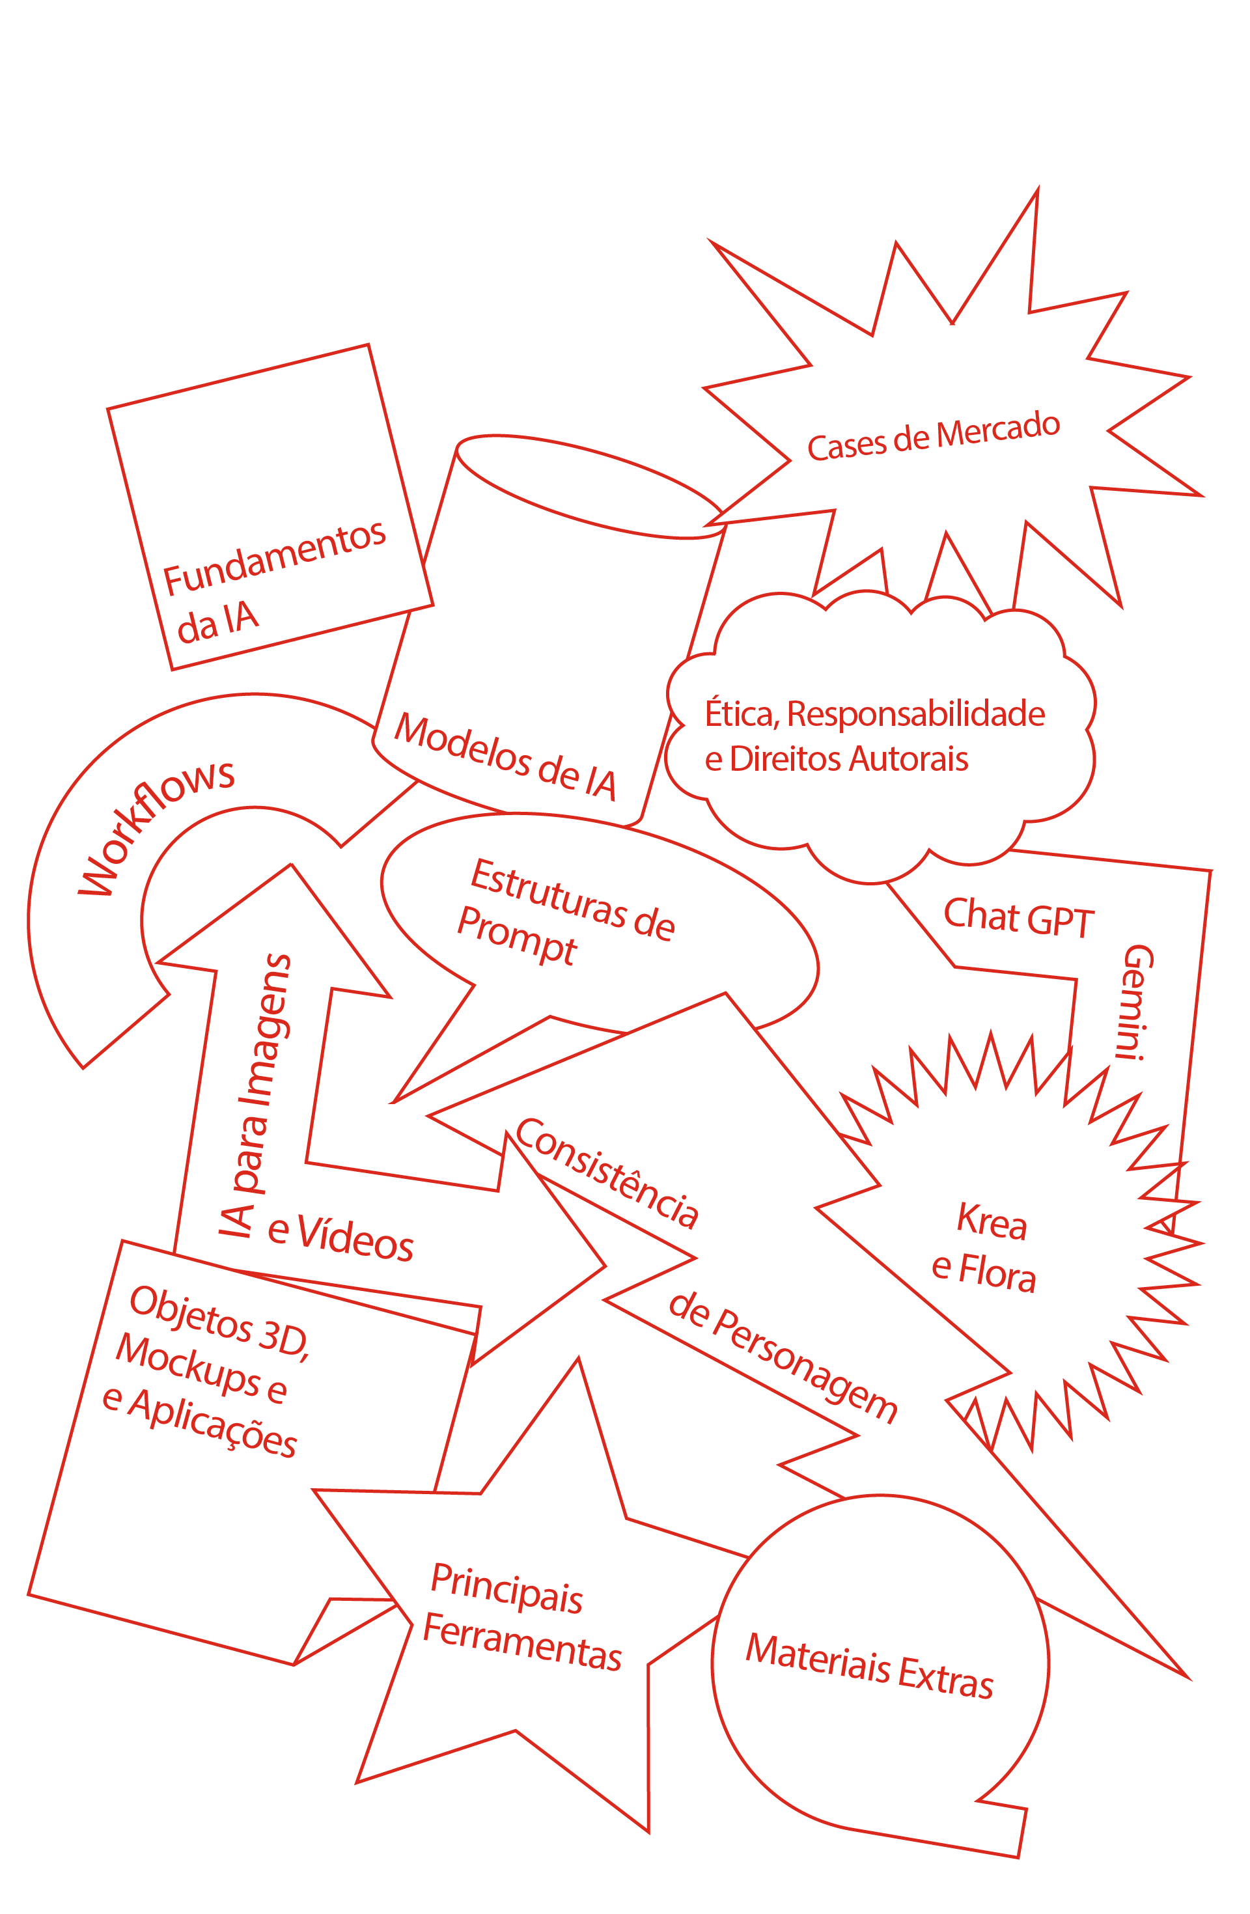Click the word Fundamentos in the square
click(274, 558)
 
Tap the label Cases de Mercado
click(933, 437)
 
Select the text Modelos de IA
click(505, 756)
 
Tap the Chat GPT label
click(1018, 917)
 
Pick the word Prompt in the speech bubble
click(516, 936)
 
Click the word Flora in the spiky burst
click(997, 1275)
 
